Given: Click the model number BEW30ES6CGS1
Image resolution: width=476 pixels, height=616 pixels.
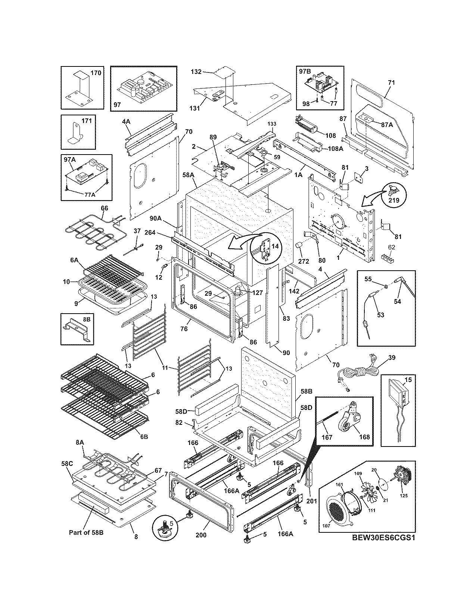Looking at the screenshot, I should [x=383, y=538].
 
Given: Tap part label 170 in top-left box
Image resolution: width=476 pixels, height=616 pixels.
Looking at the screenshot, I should [x=96, y=73].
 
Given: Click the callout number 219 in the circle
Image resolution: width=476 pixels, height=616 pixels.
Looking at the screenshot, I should [x=394, y=200].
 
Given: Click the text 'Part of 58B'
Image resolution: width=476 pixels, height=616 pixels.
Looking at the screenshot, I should [x=86, y=532].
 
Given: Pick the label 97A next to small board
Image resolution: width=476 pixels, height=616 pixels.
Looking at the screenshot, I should [x=70, y=160].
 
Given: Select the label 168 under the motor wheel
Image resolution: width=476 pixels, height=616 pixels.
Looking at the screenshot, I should [x=364, y=437].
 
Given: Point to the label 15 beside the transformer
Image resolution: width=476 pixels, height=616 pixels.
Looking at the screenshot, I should [x=408, y=380].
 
